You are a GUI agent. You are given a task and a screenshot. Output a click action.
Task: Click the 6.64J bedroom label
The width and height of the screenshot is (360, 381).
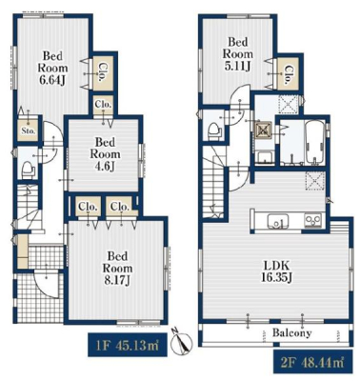pos(52,68)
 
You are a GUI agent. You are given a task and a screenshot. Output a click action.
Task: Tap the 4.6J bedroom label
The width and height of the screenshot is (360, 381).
pos(105,154)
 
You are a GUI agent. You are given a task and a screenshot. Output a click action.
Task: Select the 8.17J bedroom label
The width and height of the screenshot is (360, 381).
pos(117,269)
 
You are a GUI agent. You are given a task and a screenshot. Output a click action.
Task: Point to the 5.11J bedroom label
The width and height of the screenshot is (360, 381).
pos(237,54)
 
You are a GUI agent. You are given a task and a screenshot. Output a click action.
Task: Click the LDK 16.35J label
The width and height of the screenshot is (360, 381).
pos(275,271)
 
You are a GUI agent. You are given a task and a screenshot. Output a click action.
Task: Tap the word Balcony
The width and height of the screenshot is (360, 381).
pos(292,333)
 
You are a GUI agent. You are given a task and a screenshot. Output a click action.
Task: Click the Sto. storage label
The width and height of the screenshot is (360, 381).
pos(29,130)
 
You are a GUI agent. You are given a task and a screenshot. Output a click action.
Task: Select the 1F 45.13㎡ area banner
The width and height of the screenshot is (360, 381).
pos(127,345)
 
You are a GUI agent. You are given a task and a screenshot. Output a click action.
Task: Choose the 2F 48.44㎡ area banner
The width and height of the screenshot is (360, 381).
pos(312,362)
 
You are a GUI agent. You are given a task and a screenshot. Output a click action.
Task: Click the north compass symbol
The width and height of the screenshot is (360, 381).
pos(182,342)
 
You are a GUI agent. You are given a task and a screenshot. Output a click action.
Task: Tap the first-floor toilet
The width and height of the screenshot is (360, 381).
pos(28,170)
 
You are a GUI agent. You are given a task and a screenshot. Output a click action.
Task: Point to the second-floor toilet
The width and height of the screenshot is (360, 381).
pos(215,131)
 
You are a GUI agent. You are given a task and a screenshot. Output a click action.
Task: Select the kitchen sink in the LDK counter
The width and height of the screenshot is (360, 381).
pos(278,221)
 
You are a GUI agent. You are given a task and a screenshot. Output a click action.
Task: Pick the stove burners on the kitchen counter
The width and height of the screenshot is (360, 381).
pos(313,220)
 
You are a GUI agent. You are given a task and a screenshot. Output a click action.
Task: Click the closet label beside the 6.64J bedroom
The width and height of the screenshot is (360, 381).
pos(103,72)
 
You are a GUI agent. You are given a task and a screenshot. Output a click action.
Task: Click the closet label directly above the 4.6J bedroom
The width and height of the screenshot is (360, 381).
pos(103,104)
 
